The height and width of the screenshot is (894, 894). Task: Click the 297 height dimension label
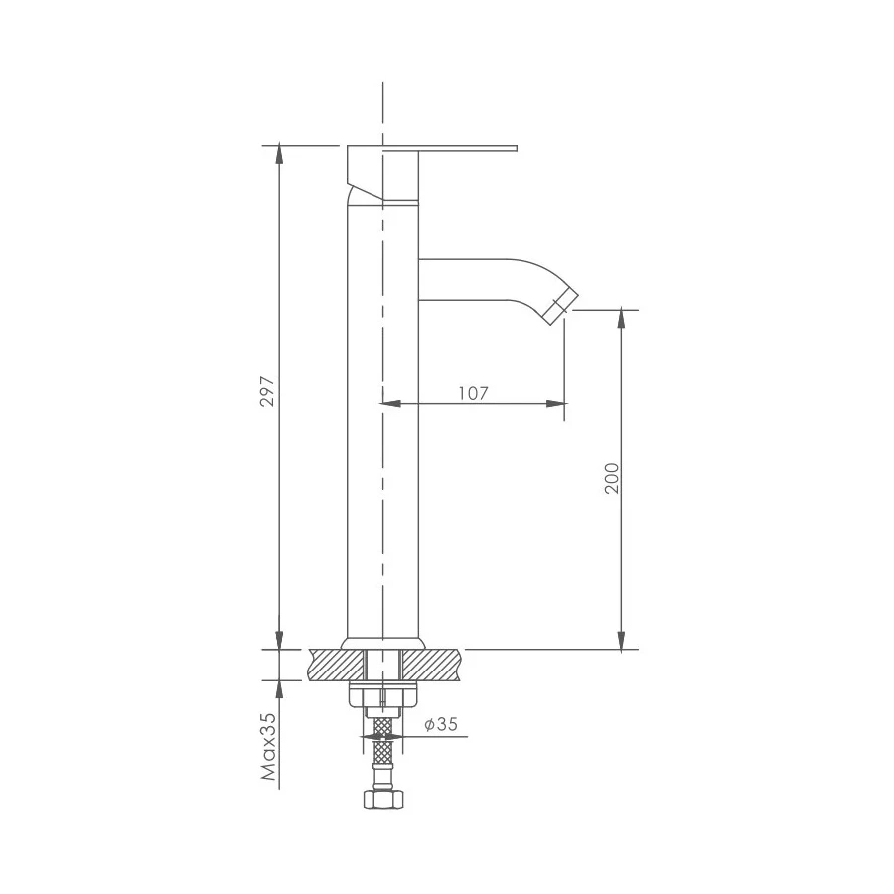(268, 391)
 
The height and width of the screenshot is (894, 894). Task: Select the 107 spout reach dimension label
(474, 393)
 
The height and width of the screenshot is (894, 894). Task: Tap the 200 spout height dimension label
(611, 478)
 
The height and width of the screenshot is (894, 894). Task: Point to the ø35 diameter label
(441, 724)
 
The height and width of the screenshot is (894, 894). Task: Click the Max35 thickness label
(268, 746)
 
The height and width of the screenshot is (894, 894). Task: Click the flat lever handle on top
(432, 149)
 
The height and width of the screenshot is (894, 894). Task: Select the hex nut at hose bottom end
(383, 799)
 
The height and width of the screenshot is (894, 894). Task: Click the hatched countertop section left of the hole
(338, 665)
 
